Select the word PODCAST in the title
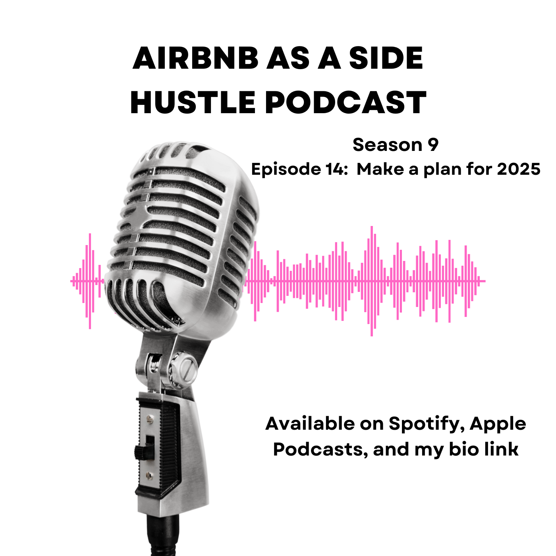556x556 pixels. coord(346,102)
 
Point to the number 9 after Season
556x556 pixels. coord(433,145)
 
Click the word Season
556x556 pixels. coord(387,145)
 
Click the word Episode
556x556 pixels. coord(286,169)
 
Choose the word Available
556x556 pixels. coord(311,424)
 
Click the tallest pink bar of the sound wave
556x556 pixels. coord(372,281)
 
